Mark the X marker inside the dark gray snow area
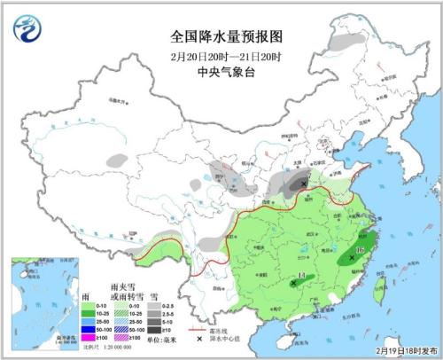(305, 184)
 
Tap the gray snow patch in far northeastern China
(347, 41)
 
